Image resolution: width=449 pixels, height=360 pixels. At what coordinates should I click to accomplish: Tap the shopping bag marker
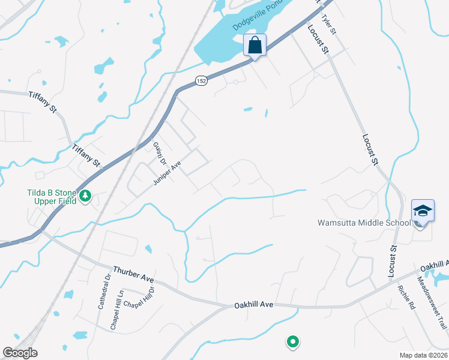pyautogui.click(x=255, y=46)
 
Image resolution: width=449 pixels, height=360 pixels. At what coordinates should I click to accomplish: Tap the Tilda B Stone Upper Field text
pyautogui.click(x=52, y=197)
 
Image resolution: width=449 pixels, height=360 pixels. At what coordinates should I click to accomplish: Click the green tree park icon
pyautogui.click(x=86, y=196)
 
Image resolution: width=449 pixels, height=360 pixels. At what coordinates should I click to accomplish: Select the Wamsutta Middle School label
pyautogui.click(x=364, y=223)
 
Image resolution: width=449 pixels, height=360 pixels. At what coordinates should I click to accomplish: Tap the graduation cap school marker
pyautogui.click(x=421, y=212)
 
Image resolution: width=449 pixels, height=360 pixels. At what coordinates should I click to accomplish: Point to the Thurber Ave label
pyautogui.click(x=133, y=276)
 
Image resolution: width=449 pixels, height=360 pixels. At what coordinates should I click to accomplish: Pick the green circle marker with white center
pyautogui.click(x=292, y=342)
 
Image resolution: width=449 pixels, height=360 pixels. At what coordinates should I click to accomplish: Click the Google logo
pyautogui.click(x=20, y=353)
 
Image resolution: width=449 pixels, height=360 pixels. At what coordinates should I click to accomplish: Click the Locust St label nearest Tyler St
pyautogui.click(x=319, y=41)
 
